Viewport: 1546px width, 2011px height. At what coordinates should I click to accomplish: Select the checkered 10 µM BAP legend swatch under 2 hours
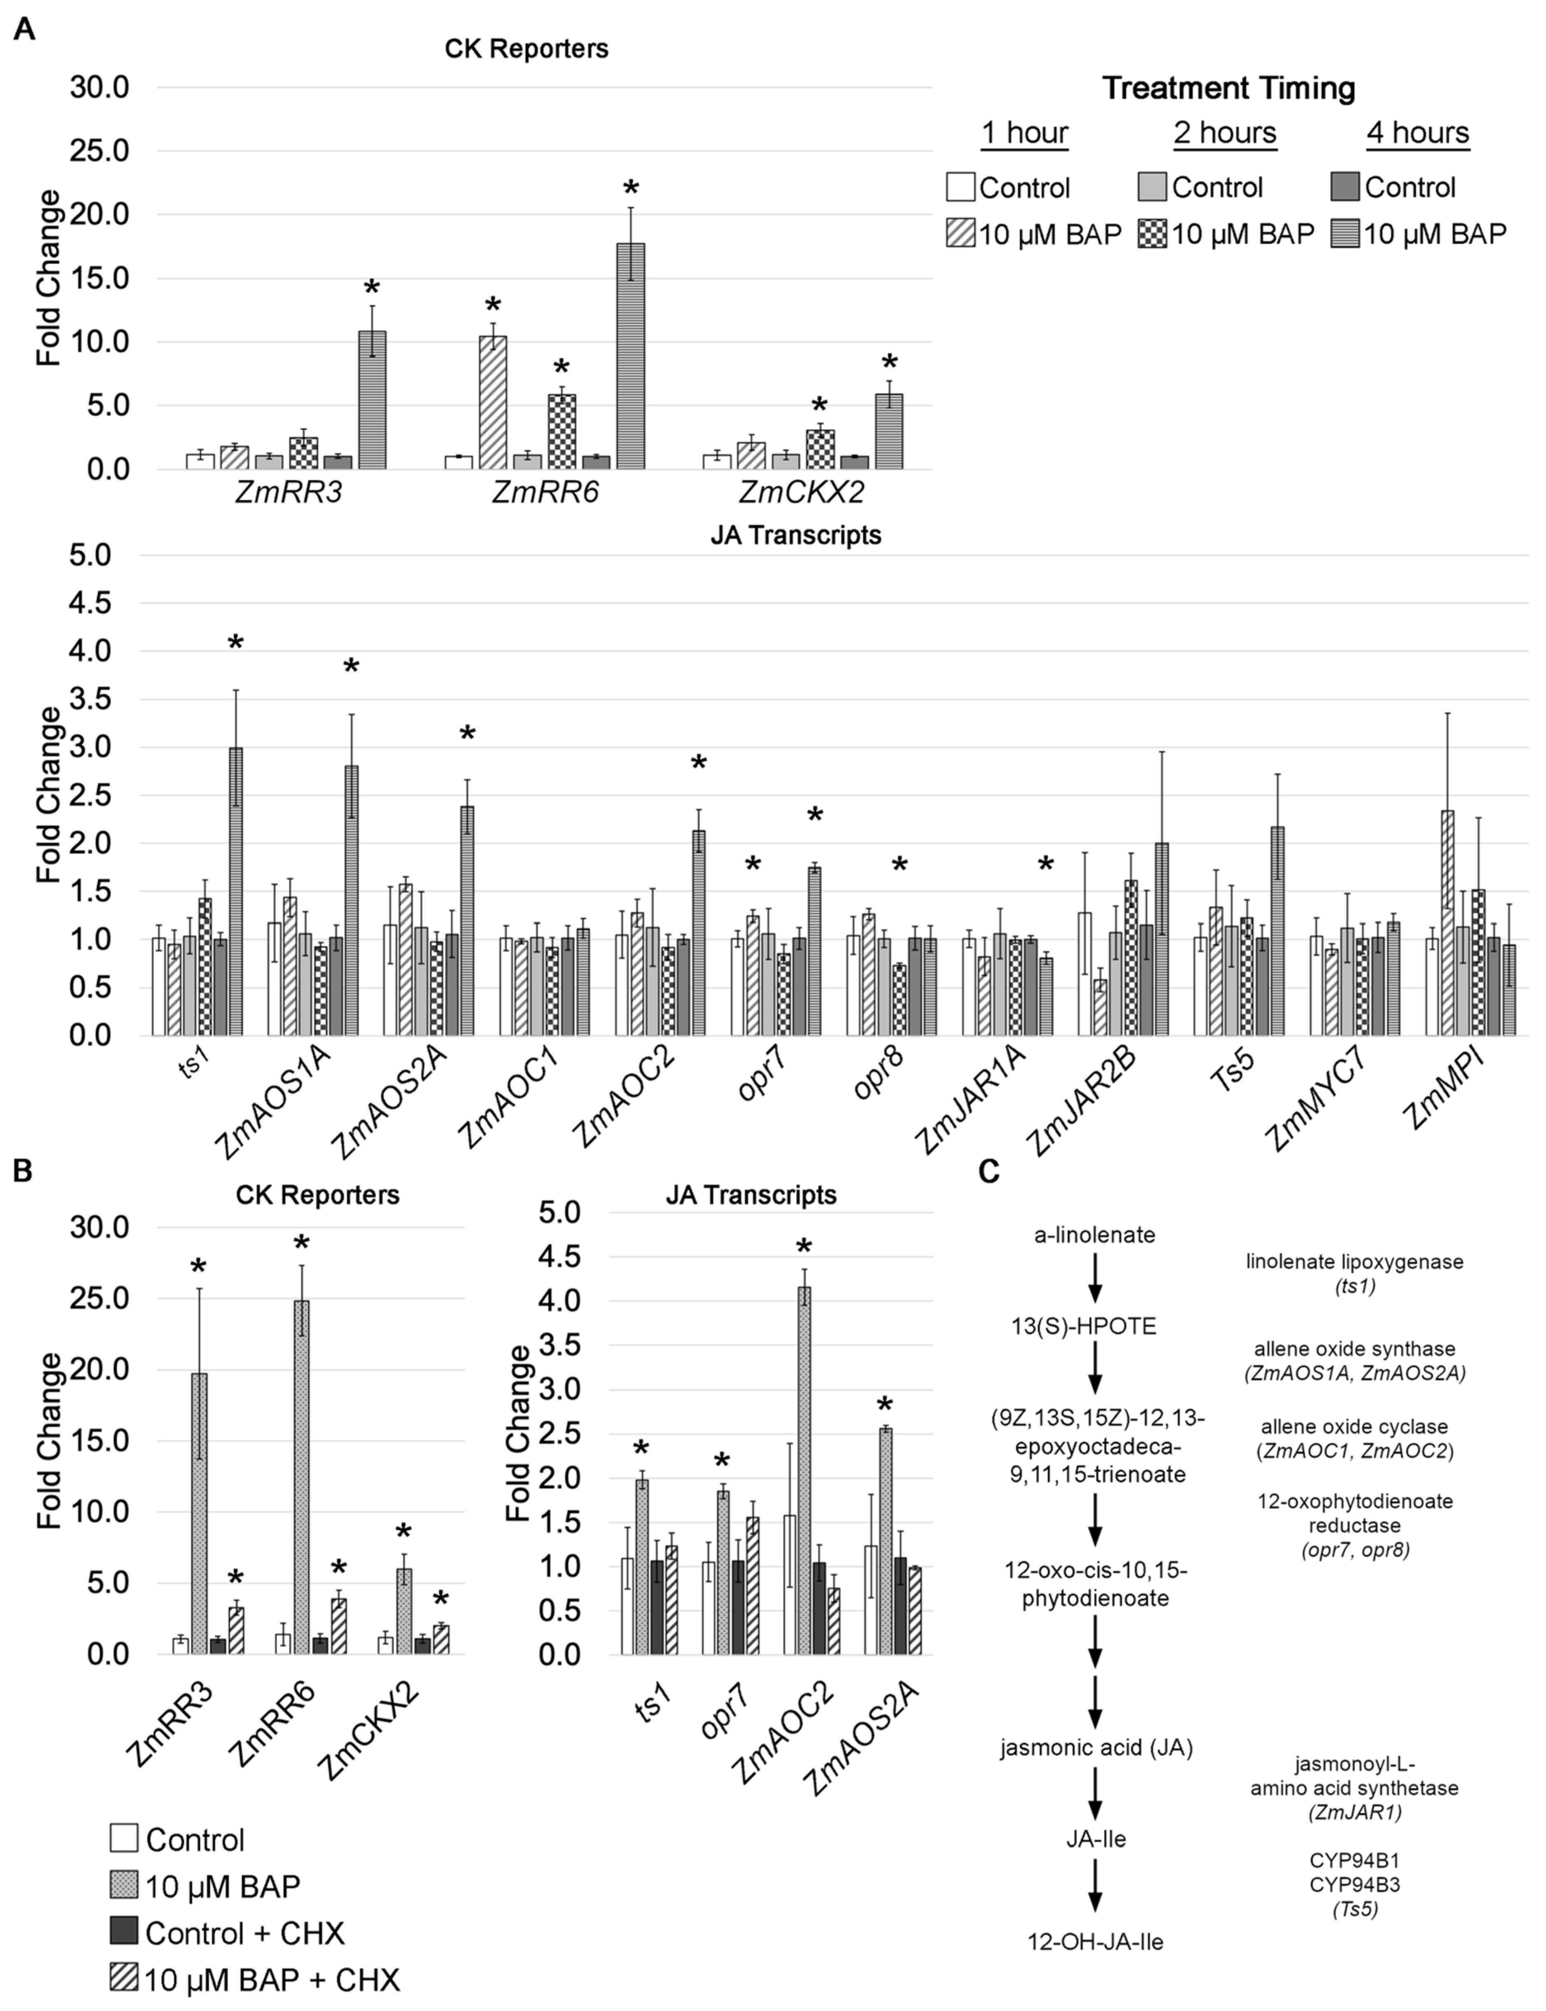coord(1152,235)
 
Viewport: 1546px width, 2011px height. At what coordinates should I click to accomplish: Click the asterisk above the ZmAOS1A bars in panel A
coord(351,667)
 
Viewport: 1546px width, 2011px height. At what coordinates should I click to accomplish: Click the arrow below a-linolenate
coord(1095,1280)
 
